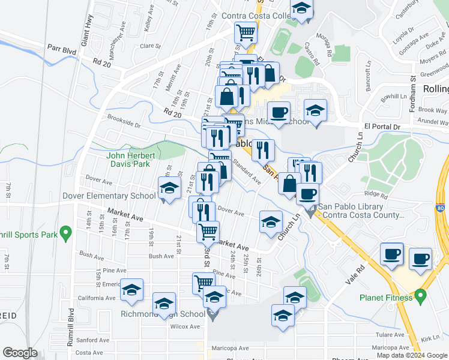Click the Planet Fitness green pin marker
coord(420,295)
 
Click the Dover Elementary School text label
coord(109,196)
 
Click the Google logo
coord(20,353)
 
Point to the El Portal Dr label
coord(382,127)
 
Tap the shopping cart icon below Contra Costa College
coord(246,32)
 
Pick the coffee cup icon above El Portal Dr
coord(278,112)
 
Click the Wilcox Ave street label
coord(185,326)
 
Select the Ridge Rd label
coord(376,194)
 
